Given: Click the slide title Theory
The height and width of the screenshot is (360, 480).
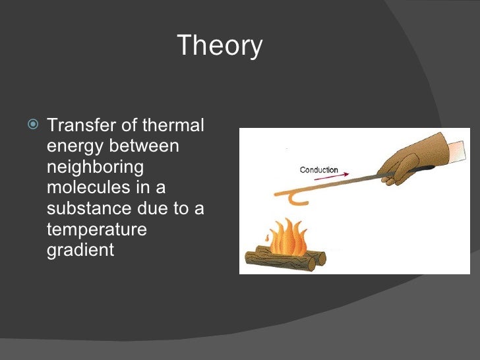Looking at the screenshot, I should click(220, 46).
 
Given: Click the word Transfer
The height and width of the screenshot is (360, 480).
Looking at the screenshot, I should click(78, 125).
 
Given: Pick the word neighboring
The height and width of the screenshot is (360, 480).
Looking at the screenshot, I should click(94, 167).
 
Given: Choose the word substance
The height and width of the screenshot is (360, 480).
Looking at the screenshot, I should click(89, 208).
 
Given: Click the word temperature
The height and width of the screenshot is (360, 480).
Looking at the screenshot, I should click(96, 230).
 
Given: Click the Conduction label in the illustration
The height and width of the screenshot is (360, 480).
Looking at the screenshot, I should click(318, 170).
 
